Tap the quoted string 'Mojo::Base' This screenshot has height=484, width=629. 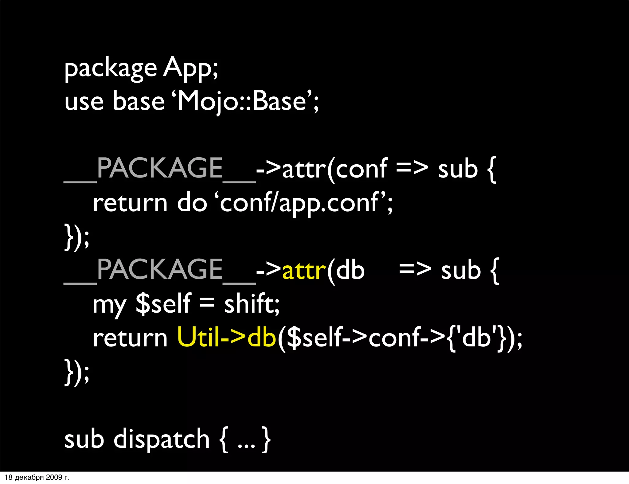pos(243,101)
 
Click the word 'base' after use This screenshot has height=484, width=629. pos(139,101)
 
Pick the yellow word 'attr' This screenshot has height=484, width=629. pos(304,270)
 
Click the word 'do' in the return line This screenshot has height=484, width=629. pos(192,203)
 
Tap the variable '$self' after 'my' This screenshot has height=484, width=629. pos(163,304)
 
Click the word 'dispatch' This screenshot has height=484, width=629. pos(162,439)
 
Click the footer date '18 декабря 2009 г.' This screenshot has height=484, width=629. pos(37,477)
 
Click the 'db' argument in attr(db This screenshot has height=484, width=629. pos(350,270)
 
